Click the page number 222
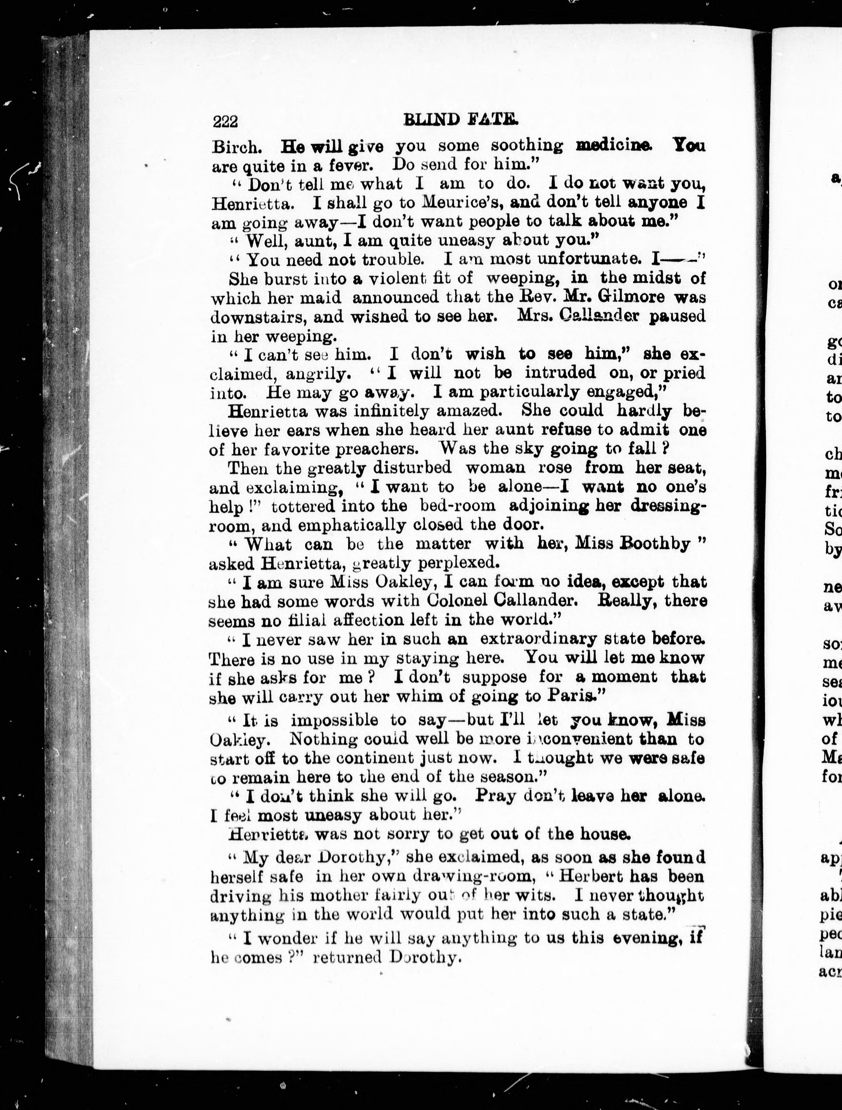click(225, 122)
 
